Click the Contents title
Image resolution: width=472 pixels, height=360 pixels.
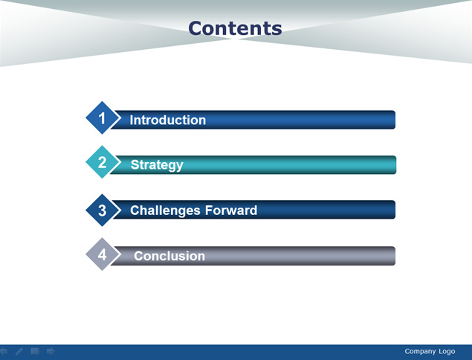point(235,28)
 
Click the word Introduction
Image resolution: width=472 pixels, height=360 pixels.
point(168,120)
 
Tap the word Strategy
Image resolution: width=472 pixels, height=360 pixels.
point(157,165)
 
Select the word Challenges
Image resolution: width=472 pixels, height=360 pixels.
point(165,210)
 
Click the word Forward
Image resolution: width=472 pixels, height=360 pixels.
point(231,210)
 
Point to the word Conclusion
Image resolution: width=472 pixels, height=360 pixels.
point(169,256)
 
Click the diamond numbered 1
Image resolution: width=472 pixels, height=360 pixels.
point(102,118)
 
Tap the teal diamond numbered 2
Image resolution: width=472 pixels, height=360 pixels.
point(102,162)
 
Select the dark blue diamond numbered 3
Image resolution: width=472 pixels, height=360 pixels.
point(102,210)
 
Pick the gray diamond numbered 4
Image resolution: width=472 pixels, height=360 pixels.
point(102,254)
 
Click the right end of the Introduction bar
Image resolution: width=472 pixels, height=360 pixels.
point(395,120)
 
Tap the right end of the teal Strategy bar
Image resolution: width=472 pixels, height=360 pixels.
point(396,165)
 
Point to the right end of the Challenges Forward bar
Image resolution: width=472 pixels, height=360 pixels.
point(395,210)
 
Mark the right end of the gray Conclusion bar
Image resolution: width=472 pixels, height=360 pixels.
point(395,256)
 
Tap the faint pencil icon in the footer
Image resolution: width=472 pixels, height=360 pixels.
point(19,351)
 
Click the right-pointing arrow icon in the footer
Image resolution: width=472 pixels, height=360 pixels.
point(51,351)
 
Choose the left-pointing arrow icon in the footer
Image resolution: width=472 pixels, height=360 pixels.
point(3,351)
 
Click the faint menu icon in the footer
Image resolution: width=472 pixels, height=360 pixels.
point(35,351)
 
